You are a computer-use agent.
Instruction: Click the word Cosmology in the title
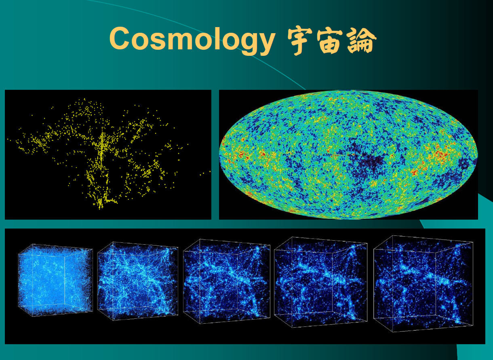pyautogui.click(x=192, y=41)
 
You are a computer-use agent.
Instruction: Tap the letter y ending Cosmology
pyautogui.click(x=265, y=44)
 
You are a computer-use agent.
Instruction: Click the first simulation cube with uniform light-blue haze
pyautogui.click(x=55, y=280)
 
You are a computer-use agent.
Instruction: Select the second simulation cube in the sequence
pyautogui.click(x=137, y=281)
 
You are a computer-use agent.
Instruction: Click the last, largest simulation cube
pyautogui.click(x=423, y=284)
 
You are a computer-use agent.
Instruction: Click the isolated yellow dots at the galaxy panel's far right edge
pyautogui.click(x=205, y=174)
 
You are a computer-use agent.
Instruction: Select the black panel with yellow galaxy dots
pyautogui.click(x=108, y=155)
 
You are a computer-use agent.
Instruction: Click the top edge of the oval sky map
pyautogui.click(x=348, y=90)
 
